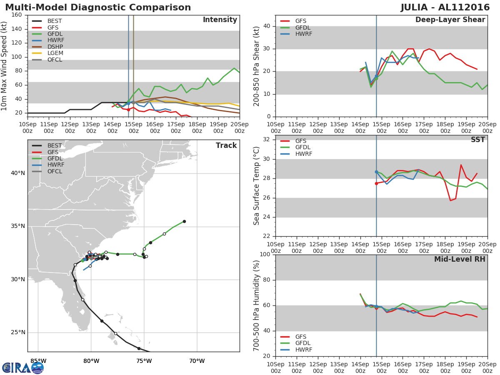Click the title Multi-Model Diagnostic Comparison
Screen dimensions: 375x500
98,7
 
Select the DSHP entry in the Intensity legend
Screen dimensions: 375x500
55,47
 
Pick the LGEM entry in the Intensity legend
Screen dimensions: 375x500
55,53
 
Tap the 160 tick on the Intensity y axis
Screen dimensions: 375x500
17,15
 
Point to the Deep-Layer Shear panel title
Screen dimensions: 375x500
450,20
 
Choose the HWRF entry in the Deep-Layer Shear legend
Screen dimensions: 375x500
303,34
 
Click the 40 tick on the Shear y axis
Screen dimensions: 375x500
266,26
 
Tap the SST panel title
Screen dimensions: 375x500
477,140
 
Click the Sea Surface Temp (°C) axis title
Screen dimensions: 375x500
257,186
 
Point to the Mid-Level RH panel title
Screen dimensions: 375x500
460,260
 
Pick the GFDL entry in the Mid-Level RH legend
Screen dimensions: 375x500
303,343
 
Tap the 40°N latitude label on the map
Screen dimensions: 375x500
17,173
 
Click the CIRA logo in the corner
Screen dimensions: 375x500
22,367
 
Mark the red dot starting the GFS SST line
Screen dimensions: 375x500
376,183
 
